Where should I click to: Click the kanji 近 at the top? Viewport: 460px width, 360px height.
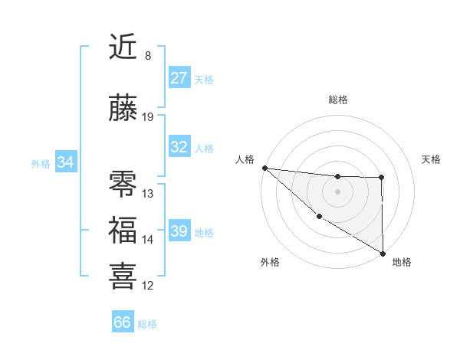[x=123, y=47]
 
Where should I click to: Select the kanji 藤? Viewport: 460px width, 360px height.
[x=123, y=109]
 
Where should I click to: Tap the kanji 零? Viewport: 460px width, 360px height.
[x=123, y=184]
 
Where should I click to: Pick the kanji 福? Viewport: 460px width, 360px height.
[x=123, y=230]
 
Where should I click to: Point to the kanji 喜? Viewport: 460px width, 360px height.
[x=123, y=275]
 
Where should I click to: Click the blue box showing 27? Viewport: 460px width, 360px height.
[x=179, y=78]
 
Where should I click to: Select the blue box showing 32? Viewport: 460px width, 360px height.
[x=179, y=147]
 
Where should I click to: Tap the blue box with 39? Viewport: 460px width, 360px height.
[x=179, y=231]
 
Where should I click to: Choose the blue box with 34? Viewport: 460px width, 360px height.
[x=65, y=162]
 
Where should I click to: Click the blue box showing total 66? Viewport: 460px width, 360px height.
[x=123, y=322]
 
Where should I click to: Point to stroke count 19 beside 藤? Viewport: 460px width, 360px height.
[x=148, y=117]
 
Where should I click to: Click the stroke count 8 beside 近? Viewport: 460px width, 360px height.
[x=148, y=56]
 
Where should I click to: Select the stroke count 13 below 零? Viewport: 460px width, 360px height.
[x=148, y=194]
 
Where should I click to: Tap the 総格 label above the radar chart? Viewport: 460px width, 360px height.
[x=338, y=100]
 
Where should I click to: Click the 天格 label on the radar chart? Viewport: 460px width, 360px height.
[x=431, y=159]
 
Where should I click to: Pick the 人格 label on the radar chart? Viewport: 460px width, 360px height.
[x=245, y=159]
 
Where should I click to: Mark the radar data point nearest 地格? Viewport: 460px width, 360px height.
[x=383, y=254]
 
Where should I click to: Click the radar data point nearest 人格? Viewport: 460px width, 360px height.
[x=264, y=168]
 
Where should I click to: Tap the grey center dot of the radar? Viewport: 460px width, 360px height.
[x=337, y=191]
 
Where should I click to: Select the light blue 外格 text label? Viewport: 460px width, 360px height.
[x=40, y=163]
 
